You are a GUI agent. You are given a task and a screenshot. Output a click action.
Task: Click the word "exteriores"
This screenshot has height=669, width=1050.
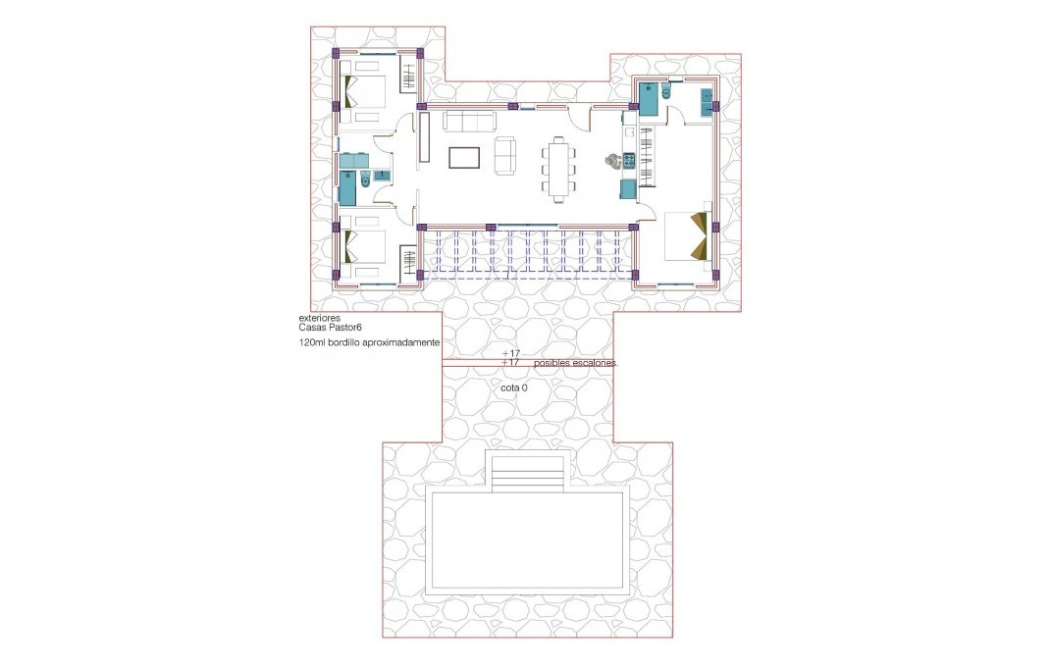321,319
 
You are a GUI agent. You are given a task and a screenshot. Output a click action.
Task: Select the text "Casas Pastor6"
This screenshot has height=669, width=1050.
331,329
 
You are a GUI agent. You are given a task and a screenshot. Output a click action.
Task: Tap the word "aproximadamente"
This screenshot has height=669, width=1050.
399,344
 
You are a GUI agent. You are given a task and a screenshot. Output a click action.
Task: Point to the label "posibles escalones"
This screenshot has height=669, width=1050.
576,363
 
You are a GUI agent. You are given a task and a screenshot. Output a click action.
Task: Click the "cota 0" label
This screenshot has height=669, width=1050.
514,388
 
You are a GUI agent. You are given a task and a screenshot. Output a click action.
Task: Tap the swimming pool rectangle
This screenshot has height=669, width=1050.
528,541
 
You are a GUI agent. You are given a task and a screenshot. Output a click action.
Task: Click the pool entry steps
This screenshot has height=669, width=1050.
528,475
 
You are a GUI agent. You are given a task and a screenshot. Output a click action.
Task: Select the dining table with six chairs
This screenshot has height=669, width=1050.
557,169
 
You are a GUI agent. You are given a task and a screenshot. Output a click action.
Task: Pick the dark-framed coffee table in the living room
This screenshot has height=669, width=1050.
464,157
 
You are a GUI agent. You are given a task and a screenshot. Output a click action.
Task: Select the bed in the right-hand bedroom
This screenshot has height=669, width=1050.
685,235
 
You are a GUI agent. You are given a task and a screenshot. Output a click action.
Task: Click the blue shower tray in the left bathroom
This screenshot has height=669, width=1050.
347,185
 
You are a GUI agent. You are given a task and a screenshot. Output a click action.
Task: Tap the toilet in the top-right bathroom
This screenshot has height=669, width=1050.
666,92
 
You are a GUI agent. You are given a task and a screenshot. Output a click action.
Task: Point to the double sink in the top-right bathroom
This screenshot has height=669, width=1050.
707,102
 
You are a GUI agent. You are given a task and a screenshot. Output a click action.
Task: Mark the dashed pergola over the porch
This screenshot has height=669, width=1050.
528,253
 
